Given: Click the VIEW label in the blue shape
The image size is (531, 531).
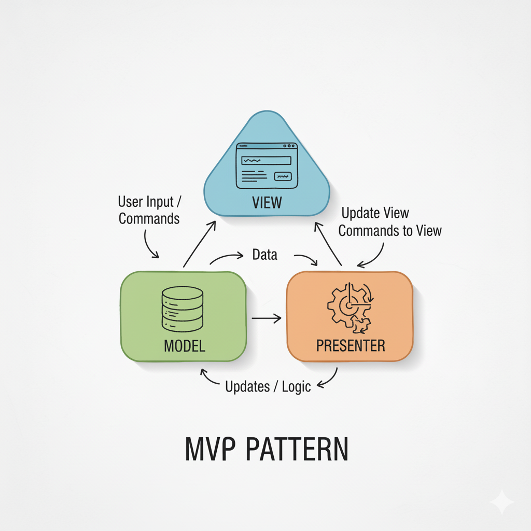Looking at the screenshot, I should tap(267, 202).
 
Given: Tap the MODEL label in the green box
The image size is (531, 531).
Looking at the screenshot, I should tap(184, 345).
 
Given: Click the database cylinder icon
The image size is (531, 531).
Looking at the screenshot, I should tap(182, 309).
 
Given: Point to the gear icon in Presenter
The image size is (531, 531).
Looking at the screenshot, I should tap(348, 308).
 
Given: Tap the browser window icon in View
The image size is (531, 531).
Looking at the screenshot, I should tap(267, 166).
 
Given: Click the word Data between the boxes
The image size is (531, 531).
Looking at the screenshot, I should tap(264, 255).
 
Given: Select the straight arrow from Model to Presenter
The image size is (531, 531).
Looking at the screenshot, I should tap(266, 318).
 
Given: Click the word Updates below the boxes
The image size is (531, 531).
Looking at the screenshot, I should tap(247, 386).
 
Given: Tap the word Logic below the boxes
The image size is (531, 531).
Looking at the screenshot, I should tap(296, 387).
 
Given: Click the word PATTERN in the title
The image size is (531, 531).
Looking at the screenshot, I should tap(297, 450).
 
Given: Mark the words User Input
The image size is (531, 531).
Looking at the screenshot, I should tap(146, 201).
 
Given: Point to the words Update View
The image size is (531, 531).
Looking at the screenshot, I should tap(375, 213).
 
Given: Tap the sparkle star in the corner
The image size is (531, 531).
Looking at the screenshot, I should tap(501, 501).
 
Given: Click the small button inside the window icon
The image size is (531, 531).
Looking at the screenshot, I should tap(283, 176).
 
